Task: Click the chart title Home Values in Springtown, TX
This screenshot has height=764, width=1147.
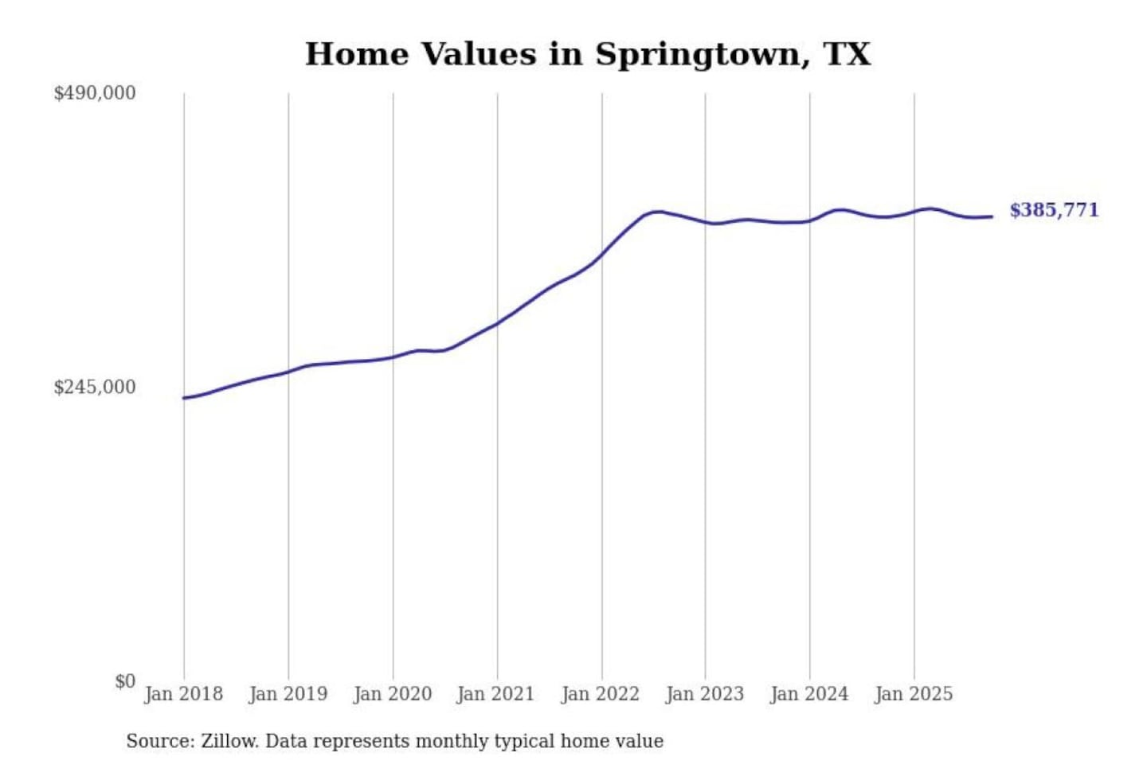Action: click(588, 54)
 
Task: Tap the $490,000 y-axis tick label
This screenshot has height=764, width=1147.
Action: click(94, 93)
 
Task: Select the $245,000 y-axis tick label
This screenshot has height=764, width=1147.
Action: click(94, 387)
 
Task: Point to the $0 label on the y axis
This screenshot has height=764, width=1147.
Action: click(124, 681)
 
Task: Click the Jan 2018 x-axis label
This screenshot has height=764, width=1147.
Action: click(183, 694)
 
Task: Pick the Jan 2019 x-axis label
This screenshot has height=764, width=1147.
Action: click(288, 694)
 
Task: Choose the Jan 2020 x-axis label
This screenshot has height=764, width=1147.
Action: click(392, 694)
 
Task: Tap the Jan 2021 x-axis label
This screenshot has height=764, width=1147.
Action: click(495, 694)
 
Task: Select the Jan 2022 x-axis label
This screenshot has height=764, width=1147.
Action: click(600, 694)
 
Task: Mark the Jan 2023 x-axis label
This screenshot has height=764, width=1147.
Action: click(704, 694)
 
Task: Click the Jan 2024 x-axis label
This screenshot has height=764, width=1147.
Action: click(808, 694)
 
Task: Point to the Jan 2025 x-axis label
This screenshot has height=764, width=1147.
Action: click(913, 694)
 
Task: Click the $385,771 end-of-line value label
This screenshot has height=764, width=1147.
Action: click(1054, 210)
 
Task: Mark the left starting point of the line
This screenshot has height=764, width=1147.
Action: click(184, 398)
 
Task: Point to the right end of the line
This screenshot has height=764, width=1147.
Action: click(992, 216)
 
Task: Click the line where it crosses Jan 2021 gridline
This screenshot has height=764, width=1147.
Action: click(498, 323)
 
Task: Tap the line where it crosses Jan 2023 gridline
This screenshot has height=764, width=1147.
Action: click(705, 222)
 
